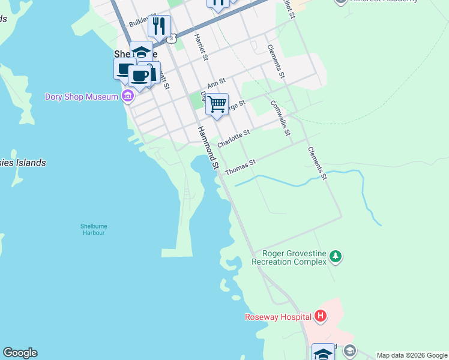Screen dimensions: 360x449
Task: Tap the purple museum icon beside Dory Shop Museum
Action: (127, 96)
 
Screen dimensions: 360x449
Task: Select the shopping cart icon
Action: (217, 104)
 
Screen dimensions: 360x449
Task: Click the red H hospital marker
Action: (321, 316)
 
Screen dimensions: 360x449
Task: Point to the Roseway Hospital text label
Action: (277, 317)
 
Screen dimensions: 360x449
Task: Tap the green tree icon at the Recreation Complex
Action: (336, 257)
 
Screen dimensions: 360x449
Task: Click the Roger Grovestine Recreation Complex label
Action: (289, 257)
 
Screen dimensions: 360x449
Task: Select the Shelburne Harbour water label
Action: (93, 229)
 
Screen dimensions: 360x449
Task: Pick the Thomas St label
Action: (240, 167)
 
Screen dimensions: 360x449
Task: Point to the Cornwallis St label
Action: (280, 118)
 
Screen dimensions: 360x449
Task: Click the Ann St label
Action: (215, 83)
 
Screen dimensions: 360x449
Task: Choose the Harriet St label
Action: (200, 47)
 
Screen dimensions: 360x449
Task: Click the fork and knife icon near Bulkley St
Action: (159, 25)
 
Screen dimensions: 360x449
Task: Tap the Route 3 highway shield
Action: (172, 38)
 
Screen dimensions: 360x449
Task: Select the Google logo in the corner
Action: (20, 353)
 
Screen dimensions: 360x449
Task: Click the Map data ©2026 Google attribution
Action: (412, 355)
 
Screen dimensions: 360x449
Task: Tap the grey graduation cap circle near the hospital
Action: (350, 350)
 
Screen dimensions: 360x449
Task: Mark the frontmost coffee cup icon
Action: (140, 76)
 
